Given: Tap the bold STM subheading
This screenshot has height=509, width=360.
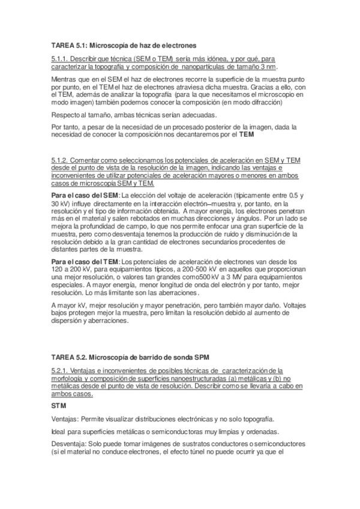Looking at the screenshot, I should pyautogui.click(x=58, y=406).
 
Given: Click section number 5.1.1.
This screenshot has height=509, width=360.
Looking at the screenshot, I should pyautogui.click(x=60, y=59).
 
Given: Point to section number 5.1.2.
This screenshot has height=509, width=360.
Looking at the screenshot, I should pyautogui.click(x=60, y=161).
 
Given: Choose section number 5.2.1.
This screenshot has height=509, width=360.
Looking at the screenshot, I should pyautogui.click(x=60, y=371).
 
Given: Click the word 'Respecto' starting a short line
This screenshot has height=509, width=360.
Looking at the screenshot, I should pyautogui.click(x=65, y=115).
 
